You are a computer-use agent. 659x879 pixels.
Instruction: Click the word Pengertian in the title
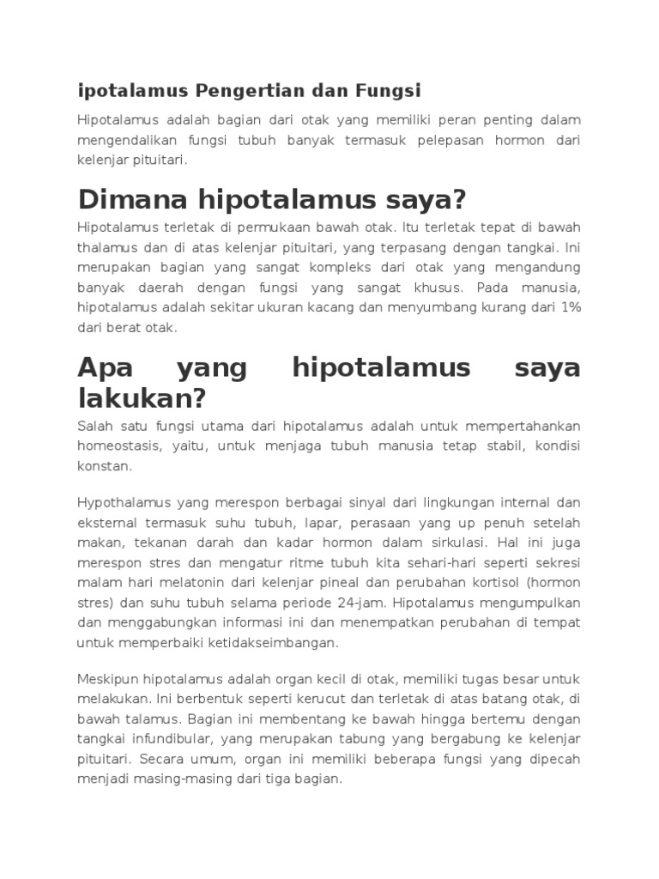[243, 90]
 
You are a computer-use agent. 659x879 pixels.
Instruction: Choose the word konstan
[104, 466]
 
